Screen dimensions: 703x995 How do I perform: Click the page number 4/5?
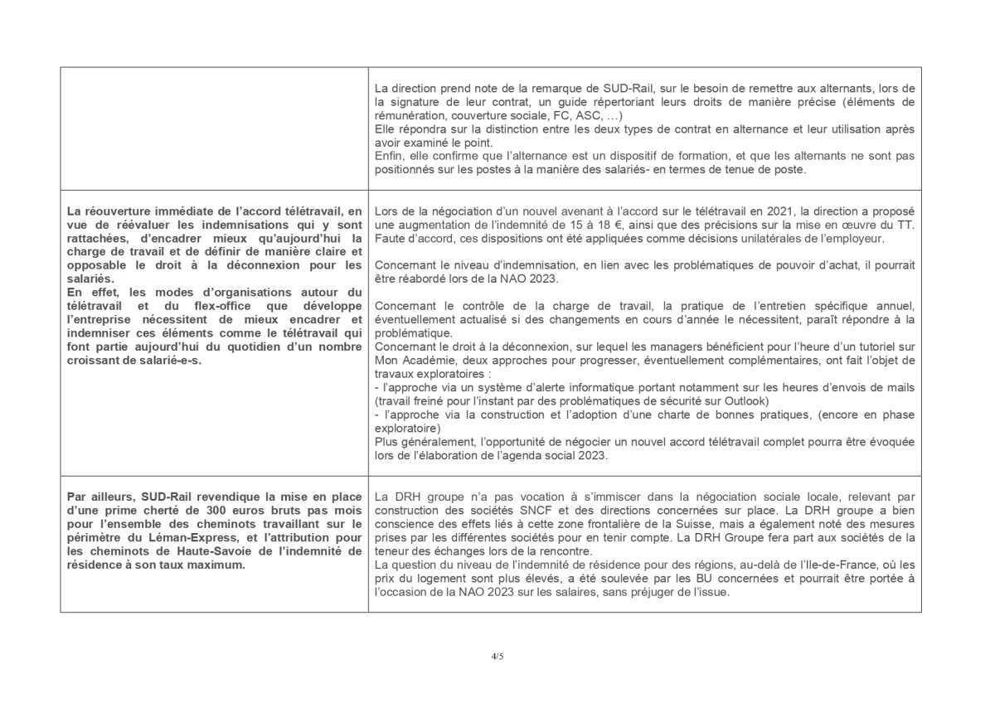click(x=498, y=656)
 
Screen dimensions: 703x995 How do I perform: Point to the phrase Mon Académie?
click(x=413, y=361)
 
